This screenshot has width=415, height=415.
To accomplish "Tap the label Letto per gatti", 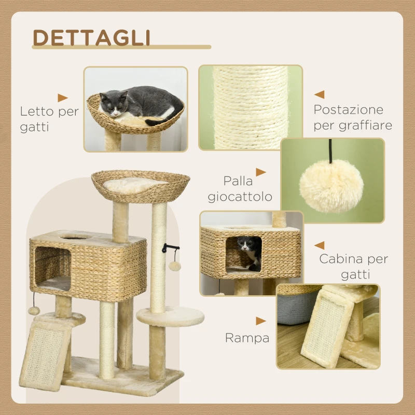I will coord(49,119).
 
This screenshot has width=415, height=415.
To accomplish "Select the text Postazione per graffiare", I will coord(352,117).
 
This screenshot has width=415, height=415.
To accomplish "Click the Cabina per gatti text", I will coord(353,266).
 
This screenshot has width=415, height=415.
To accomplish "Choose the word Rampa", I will coord(247,338).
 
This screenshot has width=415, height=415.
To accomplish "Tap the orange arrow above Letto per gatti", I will coord(63,98).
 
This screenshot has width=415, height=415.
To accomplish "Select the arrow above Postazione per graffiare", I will coord(320,94).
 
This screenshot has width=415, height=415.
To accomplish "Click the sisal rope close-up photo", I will coord(251,107).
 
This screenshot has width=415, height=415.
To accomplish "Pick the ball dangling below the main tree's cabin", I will coord(34,310).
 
